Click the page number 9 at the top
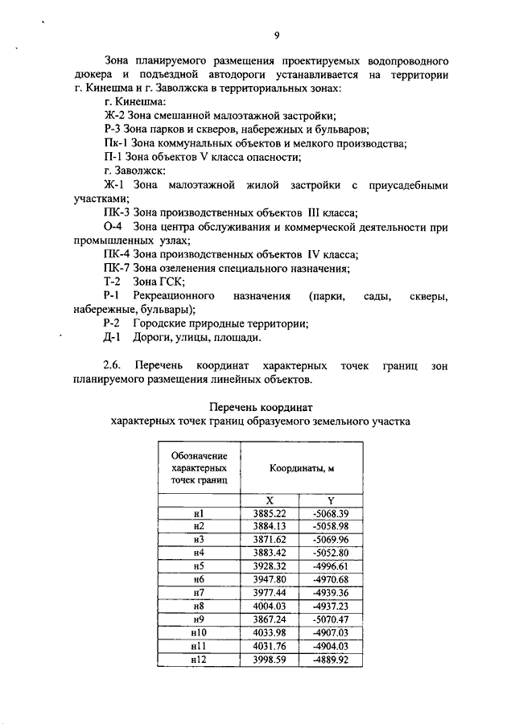click(x=275, y=35)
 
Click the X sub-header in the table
click(x=270, y=500)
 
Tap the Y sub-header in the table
click(x=331, y=500)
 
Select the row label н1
click(x=200, y=513)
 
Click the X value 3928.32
click(x=270, y=566)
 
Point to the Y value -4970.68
click(x=331, y=579)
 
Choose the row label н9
click(x=200, y=619)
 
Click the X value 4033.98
click(x=270, y=633)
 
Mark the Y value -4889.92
click(x=331, y=660)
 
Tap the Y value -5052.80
click(x=331, y=553)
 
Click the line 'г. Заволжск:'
click(x=134, y=171)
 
